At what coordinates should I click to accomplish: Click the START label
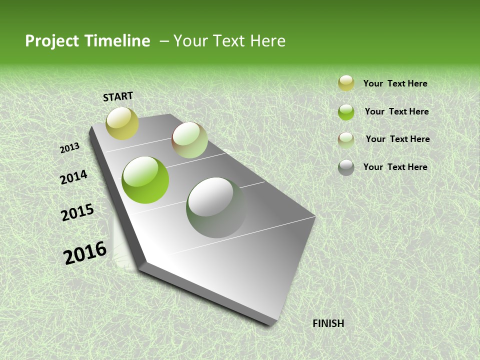[x=118, y=96]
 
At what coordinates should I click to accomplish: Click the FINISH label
[x=328, y=323]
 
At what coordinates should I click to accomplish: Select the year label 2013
[x=70, y=148]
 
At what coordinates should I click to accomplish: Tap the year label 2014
[x=74, y=177]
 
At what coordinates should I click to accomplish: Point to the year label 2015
[x=77, y=212]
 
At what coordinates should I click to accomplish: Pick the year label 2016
[x=85, y=253]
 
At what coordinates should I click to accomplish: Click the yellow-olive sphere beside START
[x=122, y=123]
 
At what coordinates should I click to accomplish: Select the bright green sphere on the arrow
[x=145, y=180]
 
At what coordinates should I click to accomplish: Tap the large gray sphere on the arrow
[x=216, y=207]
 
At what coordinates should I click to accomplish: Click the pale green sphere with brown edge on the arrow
[x=189, y=140]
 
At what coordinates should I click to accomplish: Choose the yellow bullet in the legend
[x=346, y=83]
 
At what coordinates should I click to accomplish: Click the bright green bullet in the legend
[x=346, y=112]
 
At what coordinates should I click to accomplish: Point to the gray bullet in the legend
[x=346, y=167]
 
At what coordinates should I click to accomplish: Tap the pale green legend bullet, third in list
[x=346, y=139]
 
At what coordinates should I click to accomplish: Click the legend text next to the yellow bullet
[x=395, y=84]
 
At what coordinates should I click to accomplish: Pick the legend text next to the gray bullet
[x=395, y=167]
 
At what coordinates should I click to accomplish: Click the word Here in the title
[x=267, y=41]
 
